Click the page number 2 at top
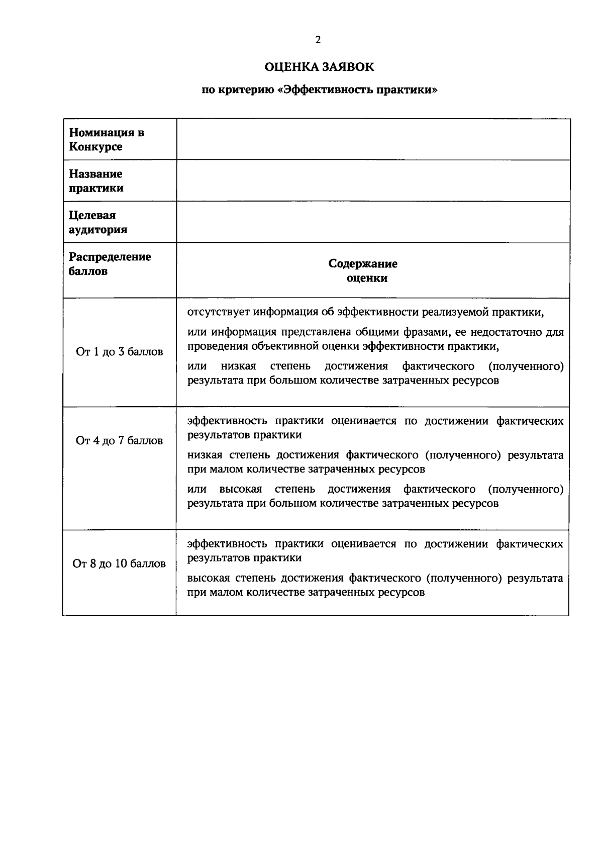pyautogui.click(x=318, y=40)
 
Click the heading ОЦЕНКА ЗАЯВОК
pyautogui.click(x=319, y=66)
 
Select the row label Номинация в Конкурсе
pyautogui.click(x=107, y=140)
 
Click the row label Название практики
pyautogui.click(x=96, y=181)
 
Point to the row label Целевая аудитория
pyautogui.click(x=98, y=222)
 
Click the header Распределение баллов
pyautogui.click(x=110, y=264)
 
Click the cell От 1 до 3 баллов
pyautogui.click(x=120, y=352)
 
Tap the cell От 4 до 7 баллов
pyautogui.click(x=120, y=441)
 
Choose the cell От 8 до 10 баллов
pyautogui.click(x=120, y=563)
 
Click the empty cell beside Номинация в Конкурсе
pyautogui.click(x=373, y=139)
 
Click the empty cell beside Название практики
pyautogui.click(x=373, y=181)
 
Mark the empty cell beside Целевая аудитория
pyautogui.click(x=373, y=222)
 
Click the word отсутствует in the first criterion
pyautogui.click(x=218, y=312)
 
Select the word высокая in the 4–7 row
pyautogui.click(x=241, y=489)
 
